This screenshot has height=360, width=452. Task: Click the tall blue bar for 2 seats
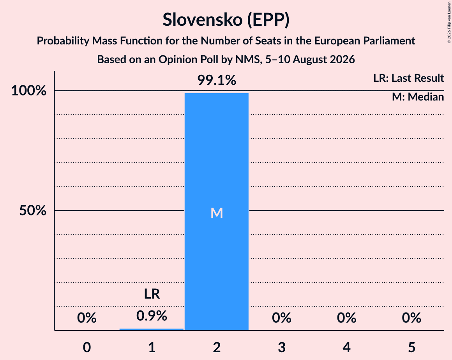217,212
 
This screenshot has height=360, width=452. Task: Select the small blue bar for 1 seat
152,330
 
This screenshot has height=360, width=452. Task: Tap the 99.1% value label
217,80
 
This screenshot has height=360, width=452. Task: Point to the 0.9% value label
152,316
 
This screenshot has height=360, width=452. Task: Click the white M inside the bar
217,213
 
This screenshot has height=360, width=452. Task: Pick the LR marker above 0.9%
152,294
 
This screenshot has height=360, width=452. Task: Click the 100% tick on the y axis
29,90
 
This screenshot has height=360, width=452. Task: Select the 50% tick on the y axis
33,210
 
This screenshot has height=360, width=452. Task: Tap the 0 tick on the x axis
87,347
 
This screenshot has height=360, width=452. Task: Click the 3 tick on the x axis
282,347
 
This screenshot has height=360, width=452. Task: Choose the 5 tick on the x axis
411,347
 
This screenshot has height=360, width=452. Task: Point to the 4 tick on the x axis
346,347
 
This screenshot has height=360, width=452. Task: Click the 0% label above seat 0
87,318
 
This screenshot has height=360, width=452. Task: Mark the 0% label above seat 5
411,318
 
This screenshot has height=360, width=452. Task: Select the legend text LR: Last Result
408,78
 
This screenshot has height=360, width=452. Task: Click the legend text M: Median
418,97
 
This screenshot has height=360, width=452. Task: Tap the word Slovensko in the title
203,19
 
